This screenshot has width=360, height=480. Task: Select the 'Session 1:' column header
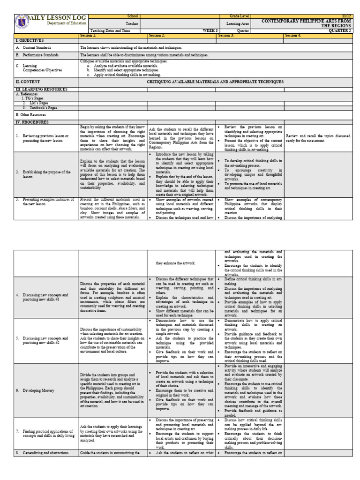point(88,35)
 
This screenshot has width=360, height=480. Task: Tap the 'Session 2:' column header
point(157,35)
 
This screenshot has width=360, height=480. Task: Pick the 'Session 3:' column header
point(226,35)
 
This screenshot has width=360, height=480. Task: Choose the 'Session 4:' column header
point(294,35)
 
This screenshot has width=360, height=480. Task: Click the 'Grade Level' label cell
point(236,16)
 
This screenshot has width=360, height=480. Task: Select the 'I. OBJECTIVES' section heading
point(30,41)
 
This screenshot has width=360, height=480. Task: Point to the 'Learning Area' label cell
point(236,23)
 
